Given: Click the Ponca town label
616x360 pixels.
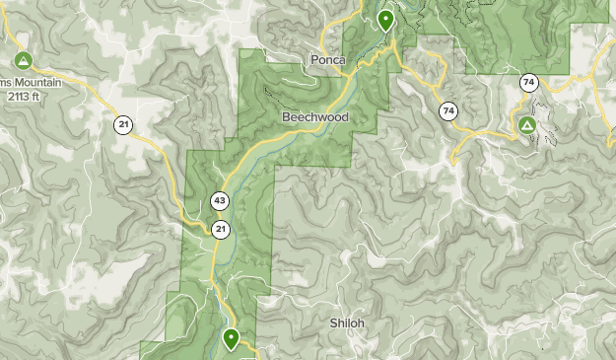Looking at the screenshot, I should pyautogui.click(x=327, y=59).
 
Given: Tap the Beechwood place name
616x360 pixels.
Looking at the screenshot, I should pyautogui.click(x=314, y=116).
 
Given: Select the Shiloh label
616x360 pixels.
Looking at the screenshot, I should pyautogui.click(x=347, y=323).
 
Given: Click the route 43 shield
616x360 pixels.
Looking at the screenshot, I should pyautogui.click(x=220, y=201).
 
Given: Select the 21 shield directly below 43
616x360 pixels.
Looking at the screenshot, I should pyautogui.click(x=220, y=229).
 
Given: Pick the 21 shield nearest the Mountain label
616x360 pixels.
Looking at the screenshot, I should pyautogui.click(x=122, y=124).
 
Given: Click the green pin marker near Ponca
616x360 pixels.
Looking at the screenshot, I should pyautogui.click(x=385, y=19).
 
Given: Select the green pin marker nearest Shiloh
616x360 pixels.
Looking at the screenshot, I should pyautogui.click(x=232, y=339).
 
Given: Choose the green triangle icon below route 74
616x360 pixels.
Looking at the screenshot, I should pyautogui.click(x=526, y=126).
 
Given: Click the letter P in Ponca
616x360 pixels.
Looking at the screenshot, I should pyautogui.click(x=313, y=59).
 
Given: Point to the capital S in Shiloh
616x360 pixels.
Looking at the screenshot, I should pyautogui.click(x=333, y=323).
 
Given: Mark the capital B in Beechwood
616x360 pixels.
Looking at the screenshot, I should pyautogui.click(x=286, y=116).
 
